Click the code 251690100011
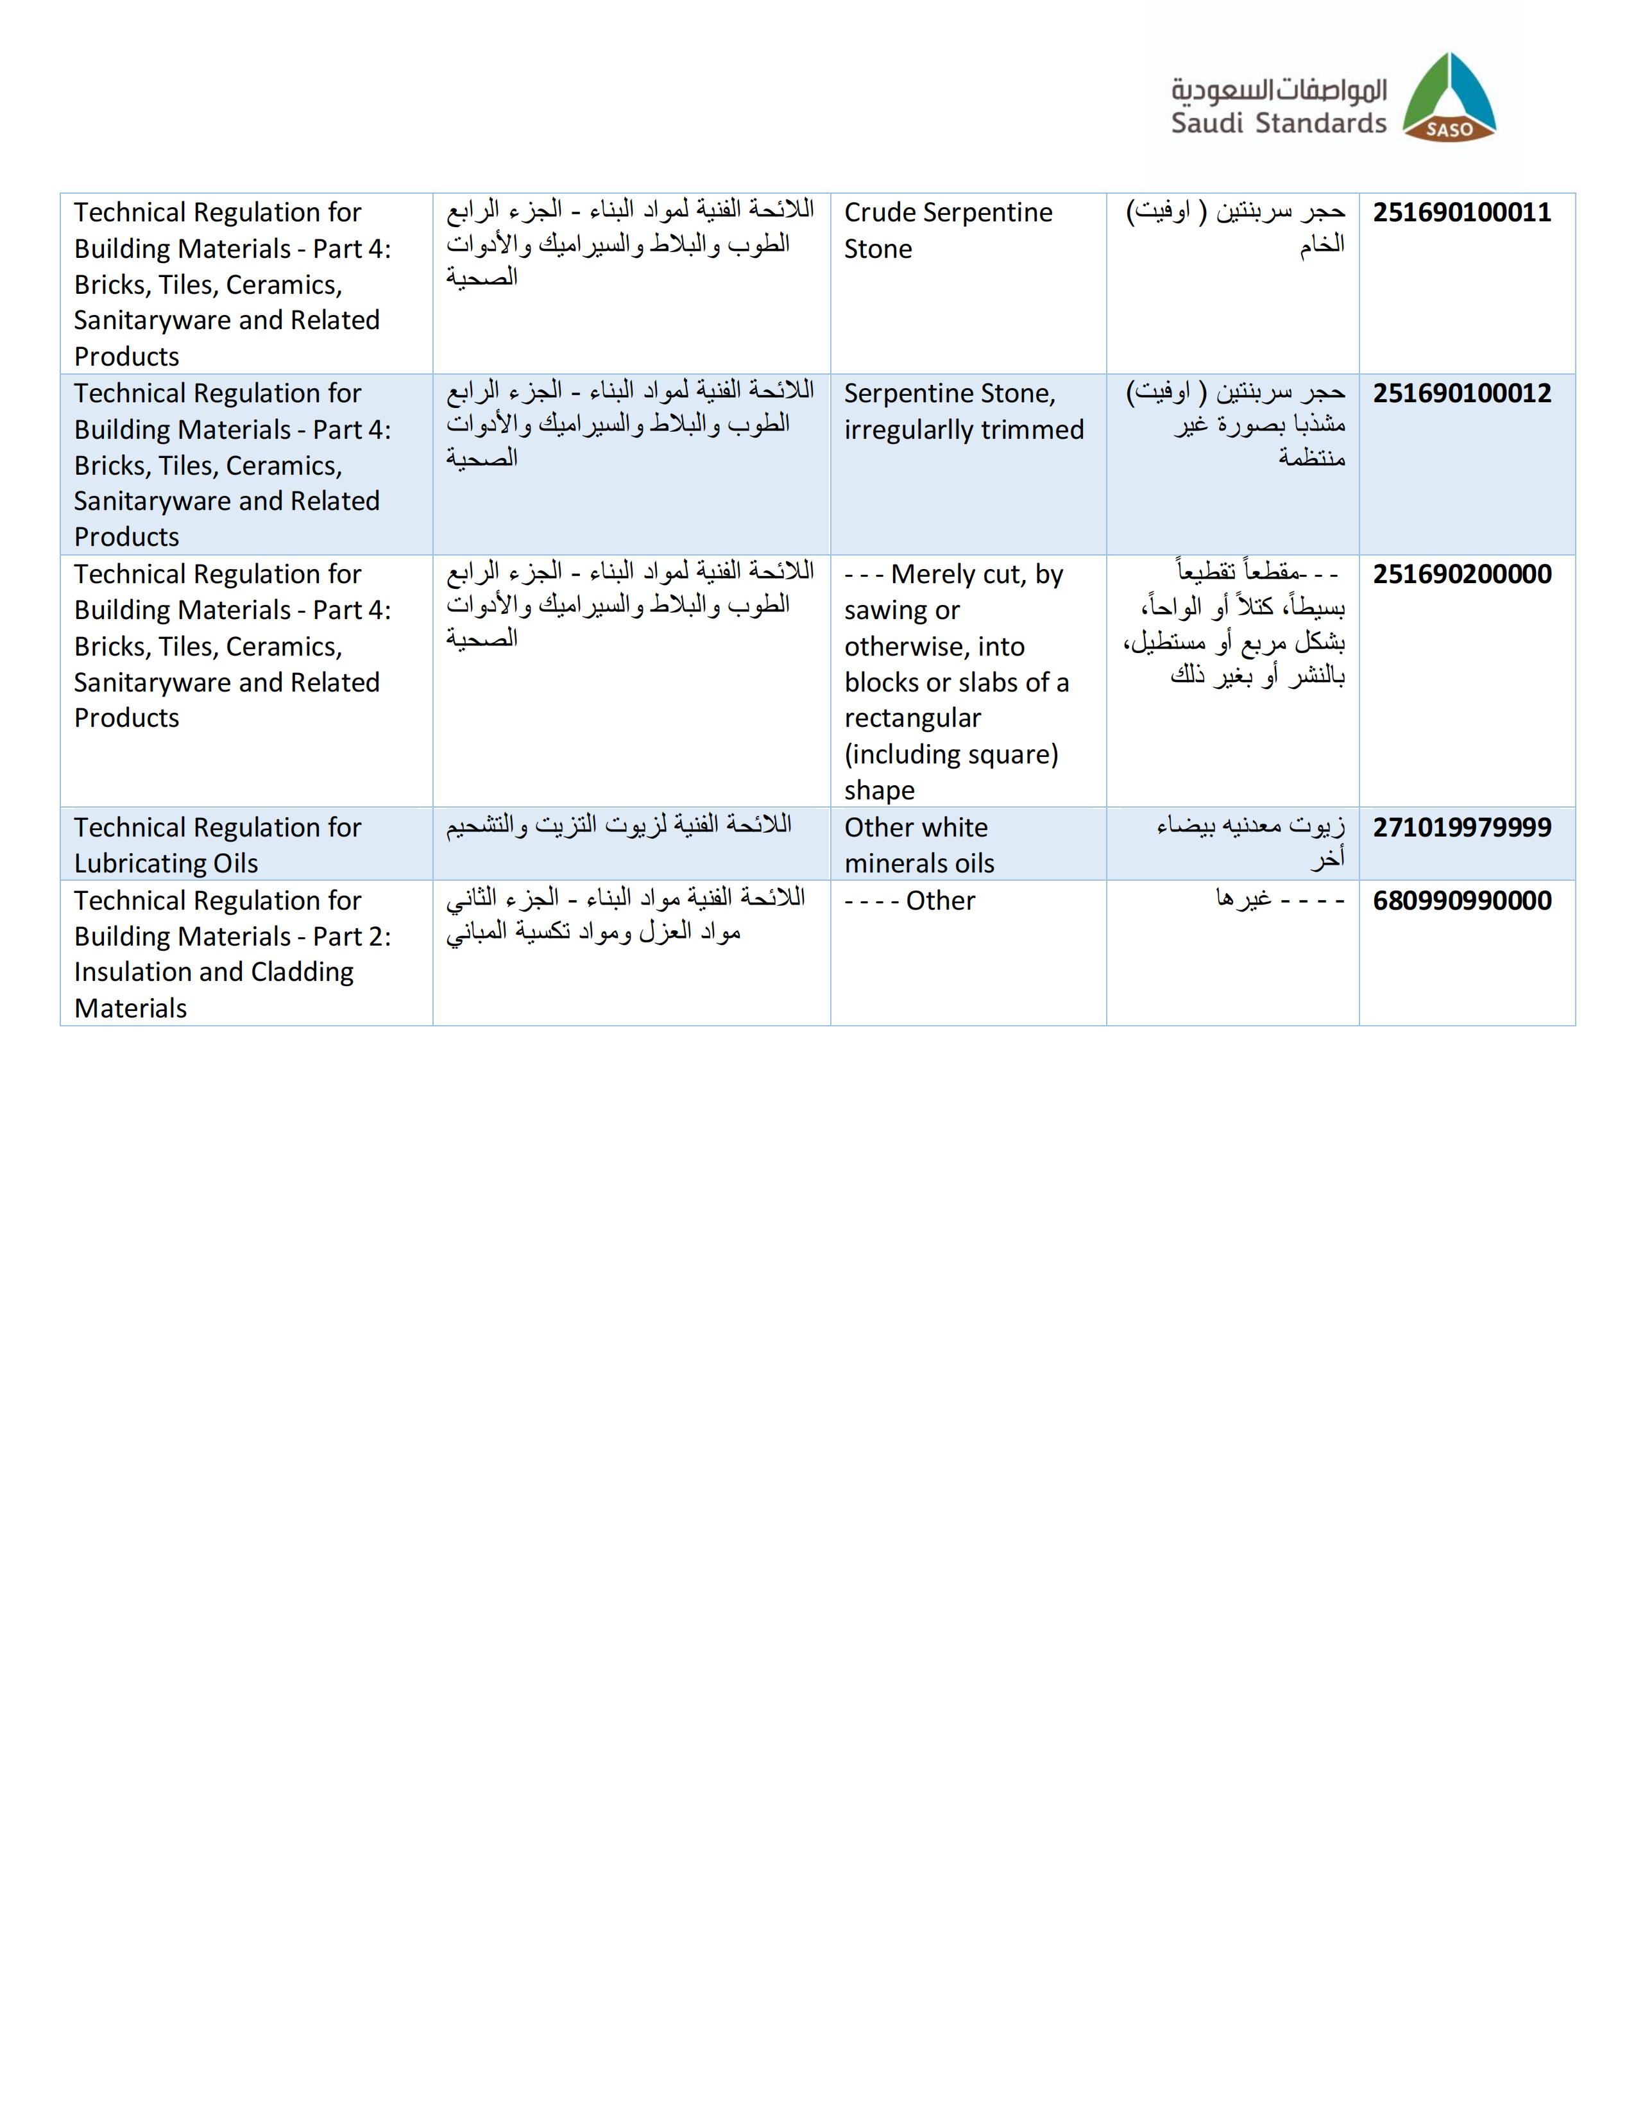(1461, 212)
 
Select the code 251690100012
(1461, 393)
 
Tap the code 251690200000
(1461, 574)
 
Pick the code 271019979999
(1461, 827)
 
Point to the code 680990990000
(1461, 901)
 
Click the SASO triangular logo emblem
(1449, 97)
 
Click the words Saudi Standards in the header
(1277, 123)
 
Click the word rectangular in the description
(912, 718)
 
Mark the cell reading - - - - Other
(909, 901)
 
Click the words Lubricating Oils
(166, 863)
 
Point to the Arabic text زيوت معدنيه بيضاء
(1250, 827)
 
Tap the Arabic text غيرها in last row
(1243, 899)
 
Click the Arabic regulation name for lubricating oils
(618, 825)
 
